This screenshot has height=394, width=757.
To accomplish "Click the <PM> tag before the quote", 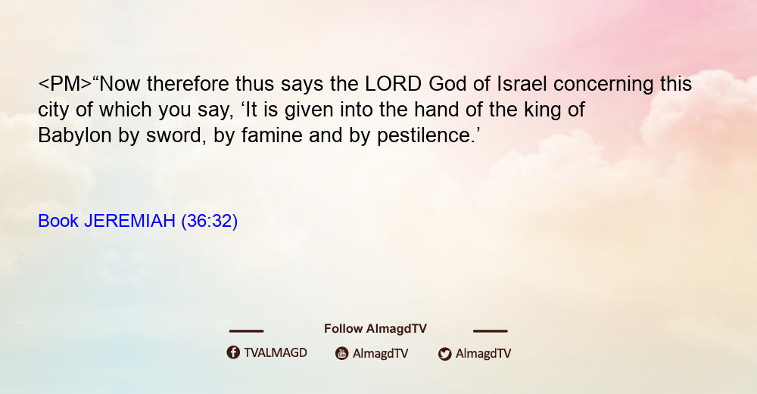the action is click(x=64, y=84).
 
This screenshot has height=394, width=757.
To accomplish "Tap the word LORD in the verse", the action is click(x=393, y=84).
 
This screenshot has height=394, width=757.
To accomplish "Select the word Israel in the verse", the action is click(x=522, y=84).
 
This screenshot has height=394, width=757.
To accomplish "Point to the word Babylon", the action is click(x=75, y=136).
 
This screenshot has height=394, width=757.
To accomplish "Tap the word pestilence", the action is click(x=427, y=136).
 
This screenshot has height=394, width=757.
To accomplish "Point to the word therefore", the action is click(x=188, y=84).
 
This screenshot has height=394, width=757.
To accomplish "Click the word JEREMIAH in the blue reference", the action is click(x=129, y=221).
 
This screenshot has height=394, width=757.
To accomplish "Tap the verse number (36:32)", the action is click(x=210, y=222).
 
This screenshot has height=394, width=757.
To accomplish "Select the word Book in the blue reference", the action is click(x=58, y=221).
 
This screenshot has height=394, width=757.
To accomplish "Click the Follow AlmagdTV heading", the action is click(x=375, y=329).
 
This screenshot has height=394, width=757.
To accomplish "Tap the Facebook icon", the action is click(x=233, y=352).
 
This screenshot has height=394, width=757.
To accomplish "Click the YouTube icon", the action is click(x=342, y=353).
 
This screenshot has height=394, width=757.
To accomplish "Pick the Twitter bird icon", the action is click(x=444, y=354).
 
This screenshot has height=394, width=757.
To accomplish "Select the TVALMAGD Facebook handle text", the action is click(x=276, y=353).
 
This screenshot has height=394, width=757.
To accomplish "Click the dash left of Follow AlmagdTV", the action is click(x=246, y=331).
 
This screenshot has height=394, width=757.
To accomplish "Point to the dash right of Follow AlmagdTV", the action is click(x=491, y=331).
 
